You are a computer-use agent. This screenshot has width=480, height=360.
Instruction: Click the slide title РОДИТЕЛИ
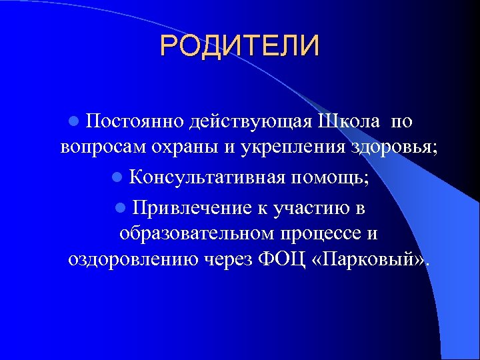point(240,46)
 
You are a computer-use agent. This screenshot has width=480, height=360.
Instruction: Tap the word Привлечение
point(191,207)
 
